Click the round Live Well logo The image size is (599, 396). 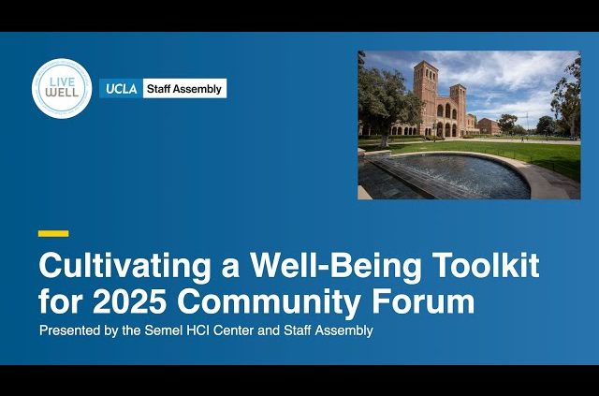point(62,89)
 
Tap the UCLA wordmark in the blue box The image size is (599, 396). point(122,89)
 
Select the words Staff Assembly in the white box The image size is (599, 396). point(184,89)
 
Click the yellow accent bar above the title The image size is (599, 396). point(53,233)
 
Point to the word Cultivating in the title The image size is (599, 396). point(124,267)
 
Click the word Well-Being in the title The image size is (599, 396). point(335,267)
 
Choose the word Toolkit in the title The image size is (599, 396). point(487,265)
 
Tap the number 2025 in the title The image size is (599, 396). point(129,302)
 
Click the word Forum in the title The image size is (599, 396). point(423,302)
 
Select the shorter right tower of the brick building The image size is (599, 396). point(458,109)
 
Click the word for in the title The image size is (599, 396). point(60,302)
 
